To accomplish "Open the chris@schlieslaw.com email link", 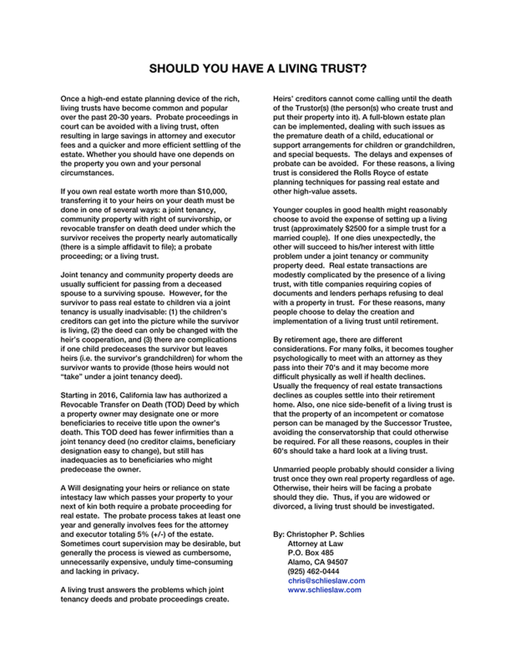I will (326, 580).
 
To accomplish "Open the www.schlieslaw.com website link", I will (324, 589).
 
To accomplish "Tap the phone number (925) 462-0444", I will (313, 571).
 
